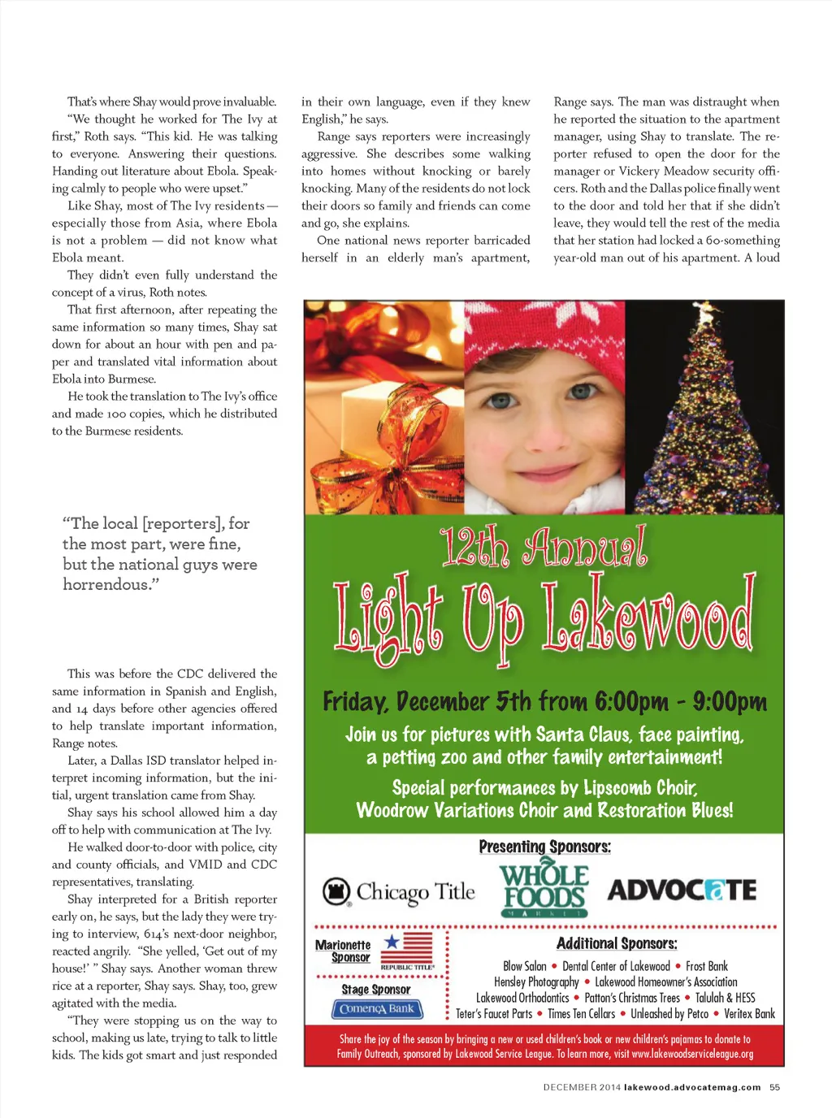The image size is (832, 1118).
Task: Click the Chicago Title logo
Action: pos(399,892)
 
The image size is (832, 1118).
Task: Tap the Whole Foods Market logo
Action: pos(544,890)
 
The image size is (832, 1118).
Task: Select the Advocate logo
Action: pos(682,890)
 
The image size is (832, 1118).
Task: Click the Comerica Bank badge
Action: pos(377,1009)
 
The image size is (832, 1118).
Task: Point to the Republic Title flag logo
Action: pos(406,948)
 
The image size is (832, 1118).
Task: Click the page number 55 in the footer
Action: pos(774,1087)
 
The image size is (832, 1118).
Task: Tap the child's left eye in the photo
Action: pos(582,392)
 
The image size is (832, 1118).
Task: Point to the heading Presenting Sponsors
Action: pos(544,847)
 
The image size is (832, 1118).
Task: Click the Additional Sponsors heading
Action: pos(617,943)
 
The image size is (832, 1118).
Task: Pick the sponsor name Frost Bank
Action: pos(707,966)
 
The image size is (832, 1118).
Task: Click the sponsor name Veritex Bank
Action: pos(749,1014)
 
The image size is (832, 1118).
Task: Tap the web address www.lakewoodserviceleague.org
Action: pos(692,1054)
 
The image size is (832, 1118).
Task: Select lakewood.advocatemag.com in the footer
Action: pos(692,1087)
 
